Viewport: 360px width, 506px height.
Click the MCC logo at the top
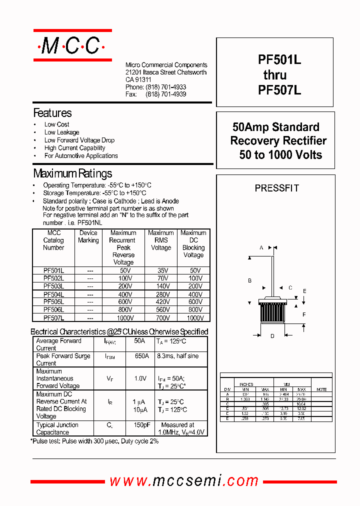pos(71,46)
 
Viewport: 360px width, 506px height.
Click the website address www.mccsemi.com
pos(184,481)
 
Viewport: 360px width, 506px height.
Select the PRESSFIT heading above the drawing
pos(276,188)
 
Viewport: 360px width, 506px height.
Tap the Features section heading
pos(52,113)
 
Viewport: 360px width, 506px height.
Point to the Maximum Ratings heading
pos(72,174)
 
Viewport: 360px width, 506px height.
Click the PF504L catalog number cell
pos(53,294)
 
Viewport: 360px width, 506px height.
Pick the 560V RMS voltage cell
pos(161,310)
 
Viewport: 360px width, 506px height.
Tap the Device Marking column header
pos(88,236)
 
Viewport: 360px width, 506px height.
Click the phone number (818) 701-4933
pos(166,87)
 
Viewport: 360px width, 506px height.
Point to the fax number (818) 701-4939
pos(166,94)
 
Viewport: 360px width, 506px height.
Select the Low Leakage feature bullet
pos(61,132)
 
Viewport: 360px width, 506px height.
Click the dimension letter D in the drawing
pos(272,336)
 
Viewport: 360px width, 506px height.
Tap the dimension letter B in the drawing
pos(250,280)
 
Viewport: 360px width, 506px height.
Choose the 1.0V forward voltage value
pos(140,378)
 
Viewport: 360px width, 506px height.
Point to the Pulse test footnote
pos(94,441)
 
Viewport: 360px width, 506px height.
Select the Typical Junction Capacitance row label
pos(57,428)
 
